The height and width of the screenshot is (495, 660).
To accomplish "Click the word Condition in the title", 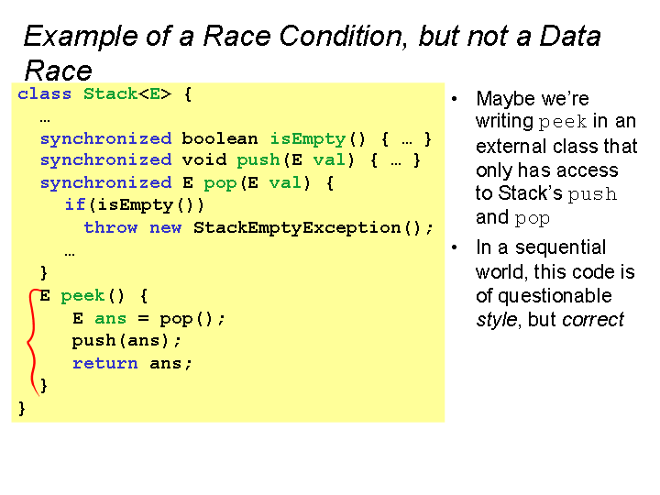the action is click(x=341, y=36).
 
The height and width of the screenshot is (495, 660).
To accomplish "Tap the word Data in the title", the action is click(x=570, y=36).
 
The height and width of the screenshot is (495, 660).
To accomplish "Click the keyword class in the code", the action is click(x=44, y=93).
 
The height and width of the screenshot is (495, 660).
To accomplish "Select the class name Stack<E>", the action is click(x=127, y=93).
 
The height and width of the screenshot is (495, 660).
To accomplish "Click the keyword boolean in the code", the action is click(x=219, y=138).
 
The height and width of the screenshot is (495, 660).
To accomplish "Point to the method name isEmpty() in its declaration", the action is click(x=317, y=139).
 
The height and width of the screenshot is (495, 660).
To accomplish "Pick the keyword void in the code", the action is click(x=203, y=159).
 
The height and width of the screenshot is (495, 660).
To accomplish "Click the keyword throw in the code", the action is click(x=111, y=227).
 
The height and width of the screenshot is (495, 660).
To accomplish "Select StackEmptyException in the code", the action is click(x=297, y=228).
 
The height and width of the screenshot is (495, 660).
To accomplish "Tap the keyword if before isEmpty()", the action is click(x=75, y=205).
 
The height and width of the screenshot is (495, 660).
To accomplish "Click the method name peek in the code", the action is click(x=82, y=296).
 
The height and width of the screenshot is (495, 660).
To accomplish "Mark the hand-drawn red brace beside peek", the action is click(x=32, y=342).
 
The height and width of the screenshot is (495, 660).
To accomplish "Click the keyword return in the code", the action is click(x=104, y=363).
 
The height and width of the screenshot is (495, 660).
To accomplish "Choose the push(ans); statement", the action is click(x=126, y=340).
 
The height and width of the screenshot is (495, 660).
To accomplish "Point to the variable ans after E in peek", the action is click(x=110, y=319).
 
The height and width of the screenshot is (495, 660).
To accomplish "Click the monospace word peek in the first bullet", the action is click(x=562, y=122).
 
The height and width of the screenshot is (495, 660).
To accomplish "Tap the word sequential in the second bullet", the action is click(x=561, y=247).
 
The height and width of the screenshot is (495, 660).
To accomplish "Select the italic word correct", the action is click(x=593, y=320).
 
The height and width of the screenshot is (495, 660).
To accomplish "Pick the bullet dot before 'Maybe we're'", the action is click(x=454, y=99).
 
